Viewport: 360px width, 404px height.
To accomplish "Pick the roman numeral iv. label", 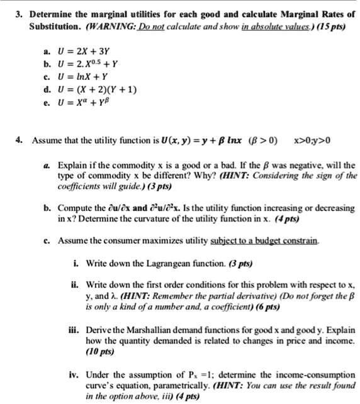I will [73, 374].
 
